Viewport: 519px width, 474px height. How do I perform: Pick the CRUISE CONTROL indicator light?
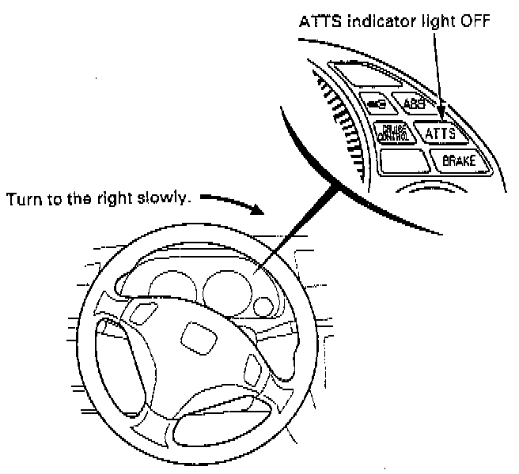(393, 133)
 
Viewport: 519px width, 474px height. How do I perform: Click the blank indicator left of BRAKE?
(404, 160)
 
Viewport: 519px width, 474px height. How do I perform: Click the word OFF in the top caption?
(476, 21)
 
